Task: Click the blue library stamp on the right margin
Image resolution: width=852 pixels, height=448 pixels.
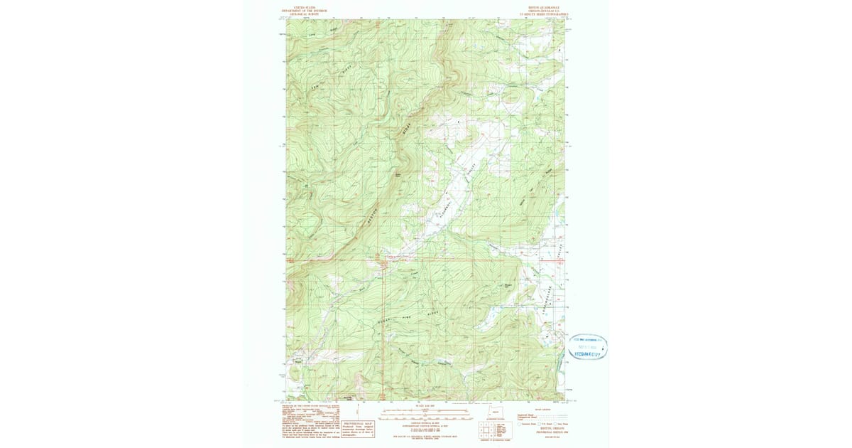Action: point(587,346)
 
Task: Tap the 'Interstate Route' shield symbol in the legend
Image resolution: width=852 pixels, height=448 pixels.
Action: point(520,423)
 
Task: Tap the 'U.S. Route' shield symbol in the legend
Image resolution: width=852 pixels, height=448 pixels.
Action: point(540,423)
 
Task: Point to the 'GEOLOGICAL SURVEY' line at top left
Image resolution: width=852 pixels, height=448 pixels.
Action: point(305,14)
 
